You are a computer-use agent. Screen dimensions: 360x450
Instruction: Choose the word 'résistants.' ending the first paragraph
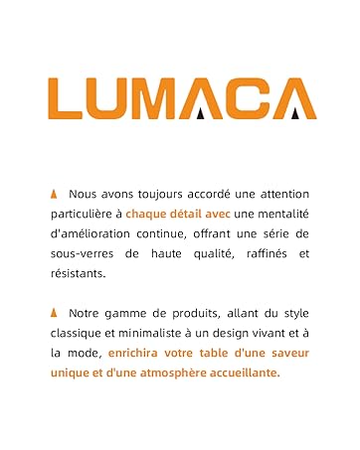77,273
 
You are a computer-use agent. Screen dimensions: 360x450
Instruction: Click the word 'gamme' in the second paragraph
131,312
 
